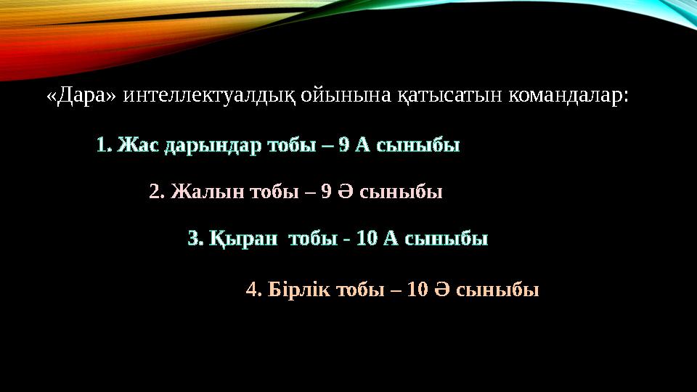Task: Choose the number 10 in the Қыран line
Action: pyautogui.click(x=367, y=238)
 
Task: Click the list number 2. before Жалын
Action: pyautogui.click(x=156, y=192)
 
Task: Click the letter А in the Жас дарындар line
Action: pyautogui.click(x=363, y=145)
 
